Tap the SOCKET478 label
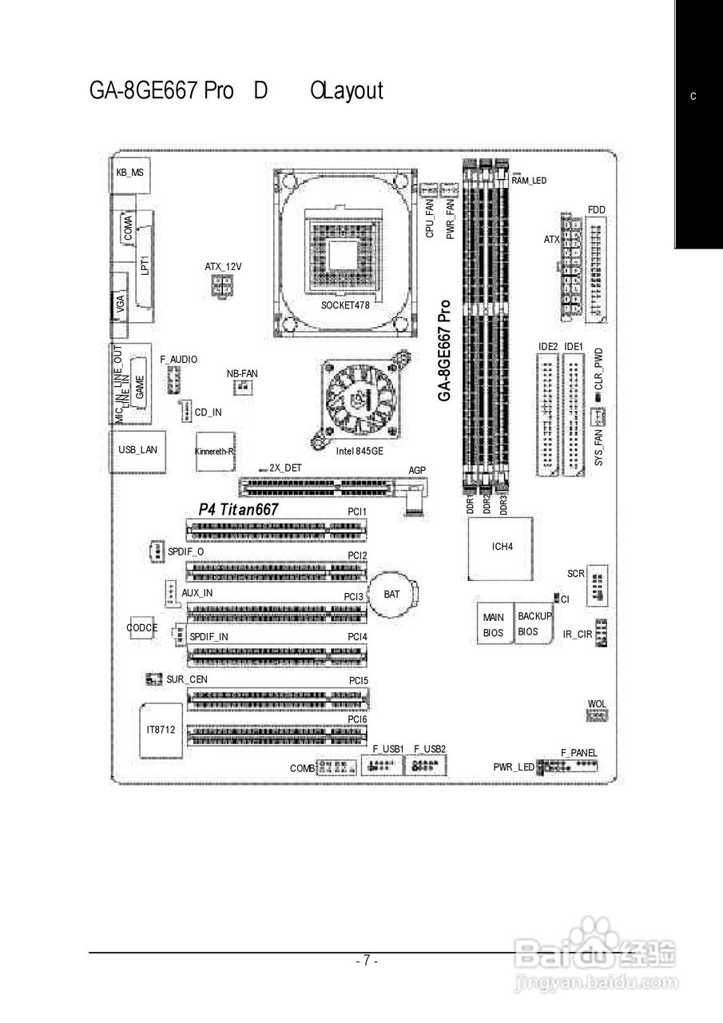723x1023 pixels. (345, 305)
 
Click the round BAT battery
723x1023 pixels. (393, 595)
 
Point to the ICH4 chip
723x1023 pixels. (502, 547)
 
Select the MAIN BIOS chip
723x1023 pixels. (494, 624)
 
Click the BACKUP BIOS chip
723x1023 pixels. (534, 623)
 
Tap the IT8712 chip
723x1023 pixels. (161, 730)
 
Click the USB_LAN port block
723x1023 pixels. (137, 450)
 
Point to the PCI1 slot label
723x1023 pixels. (356, 511)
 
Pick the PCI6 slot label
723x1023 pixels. (357, 720)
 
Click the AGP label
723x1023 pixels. (416, 471)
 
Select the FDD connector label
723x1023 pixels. (596, 210)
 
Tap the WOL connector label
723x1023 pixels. (597, 704)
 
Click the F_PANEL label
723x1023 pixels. (578, 753)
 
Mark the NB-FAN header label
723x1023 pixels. (242, 374)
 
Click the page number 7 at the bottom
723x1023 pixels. (366, 961)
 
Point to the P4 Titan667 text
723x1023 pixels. (238, 509)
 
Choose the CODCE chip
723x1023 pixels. (142, 628)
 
